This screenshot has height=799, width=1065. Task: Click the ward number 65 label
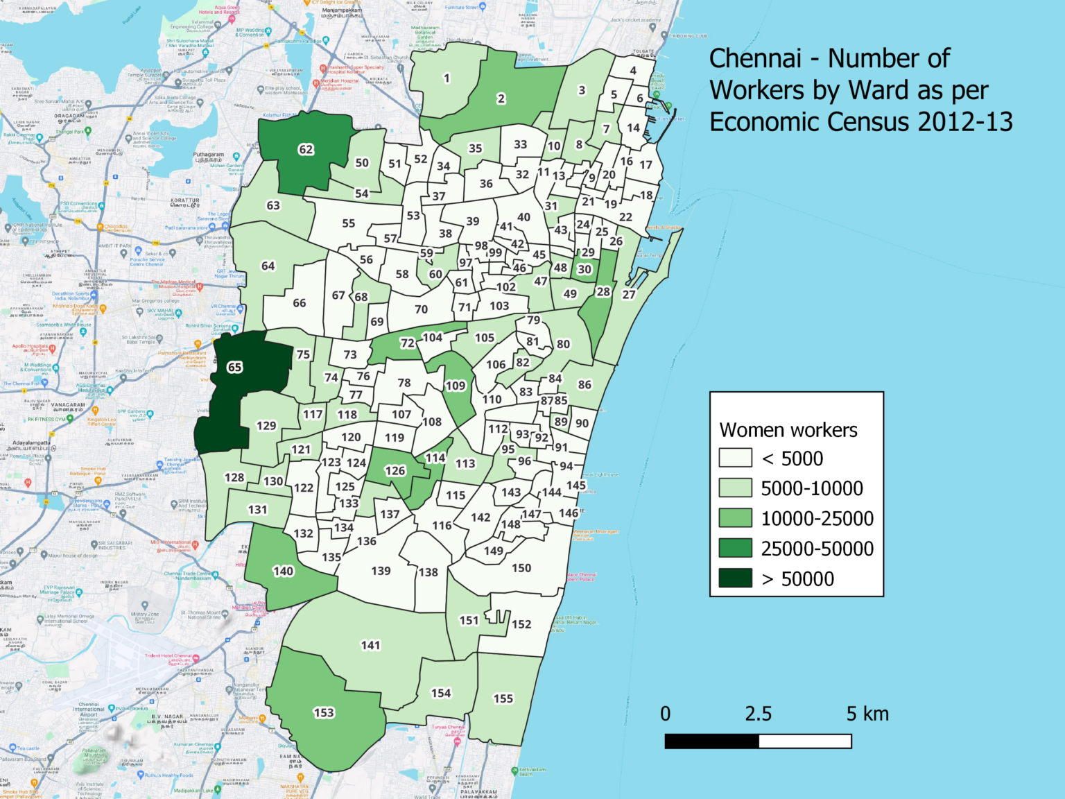pos(235,367)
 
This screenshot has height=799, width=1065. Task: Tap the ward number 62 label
pos(306,149)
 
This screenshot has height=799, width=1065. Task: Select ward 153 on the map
pos(324,712)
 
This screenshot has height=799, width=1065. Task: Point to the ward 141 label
pos(370,645)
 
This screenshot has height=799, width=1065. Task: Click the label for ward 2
pos(501,98)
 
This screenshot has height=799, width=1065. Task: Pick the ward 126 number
pos(395,470)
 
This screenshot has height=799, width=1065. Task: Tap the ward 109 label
pos(455,386)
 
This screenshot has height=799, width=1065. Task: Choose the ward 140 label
pos(283,571)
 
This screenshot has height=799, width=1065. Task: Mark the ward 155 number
pos(503,698)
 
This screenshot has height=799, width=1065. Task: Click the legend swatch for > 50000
pos(736,578)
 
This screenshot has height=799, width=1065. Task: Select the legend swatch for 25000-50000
pos(736,548)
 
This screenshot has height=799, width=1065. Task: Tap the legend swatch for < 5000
pos(736,458)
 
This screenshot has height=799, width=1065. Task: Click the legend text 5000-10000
pos(812,488)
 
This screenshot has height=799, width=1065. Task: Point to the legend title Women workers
pos(788,430)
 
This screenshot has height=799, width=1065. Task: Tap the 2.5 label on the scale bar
pos(758,714)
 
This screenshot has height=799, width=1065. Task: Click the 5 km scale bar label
pos(867,714)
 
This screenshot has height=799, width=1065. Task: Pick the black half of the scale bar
pos(711,741)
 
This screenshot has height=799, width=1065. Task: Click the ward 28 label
pos(603,291)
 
